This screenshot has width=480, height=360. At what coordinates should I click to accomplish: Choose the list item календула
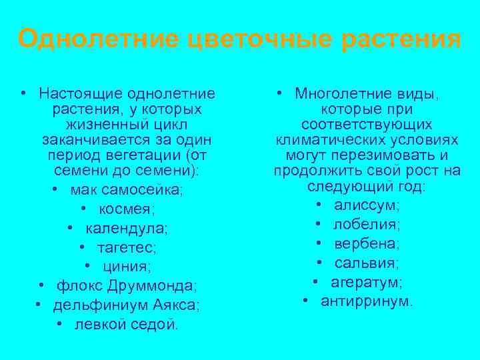coord(126,229)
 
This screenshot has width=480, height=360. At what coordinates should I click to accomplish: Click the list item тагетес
coord(126,248)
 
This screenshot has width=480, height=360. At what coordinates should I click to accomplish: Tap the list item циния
coord(127,267)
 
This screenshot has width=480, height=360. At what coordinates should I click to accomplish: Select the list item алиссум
coord(367,205)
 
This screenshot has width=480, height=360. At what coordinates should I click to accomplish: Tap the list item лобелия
coord(367,225)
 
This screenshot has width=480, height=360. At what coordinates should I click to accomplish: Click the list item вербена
coord(367,243)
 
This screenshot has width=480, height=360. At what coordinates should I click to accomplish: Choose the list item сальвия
coord(367,263)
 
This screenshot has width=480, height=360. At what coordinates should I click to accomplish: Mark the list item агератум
coord(367,281)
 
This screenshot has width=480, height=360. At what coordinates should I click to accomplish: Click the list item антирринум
coord(367,301)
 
